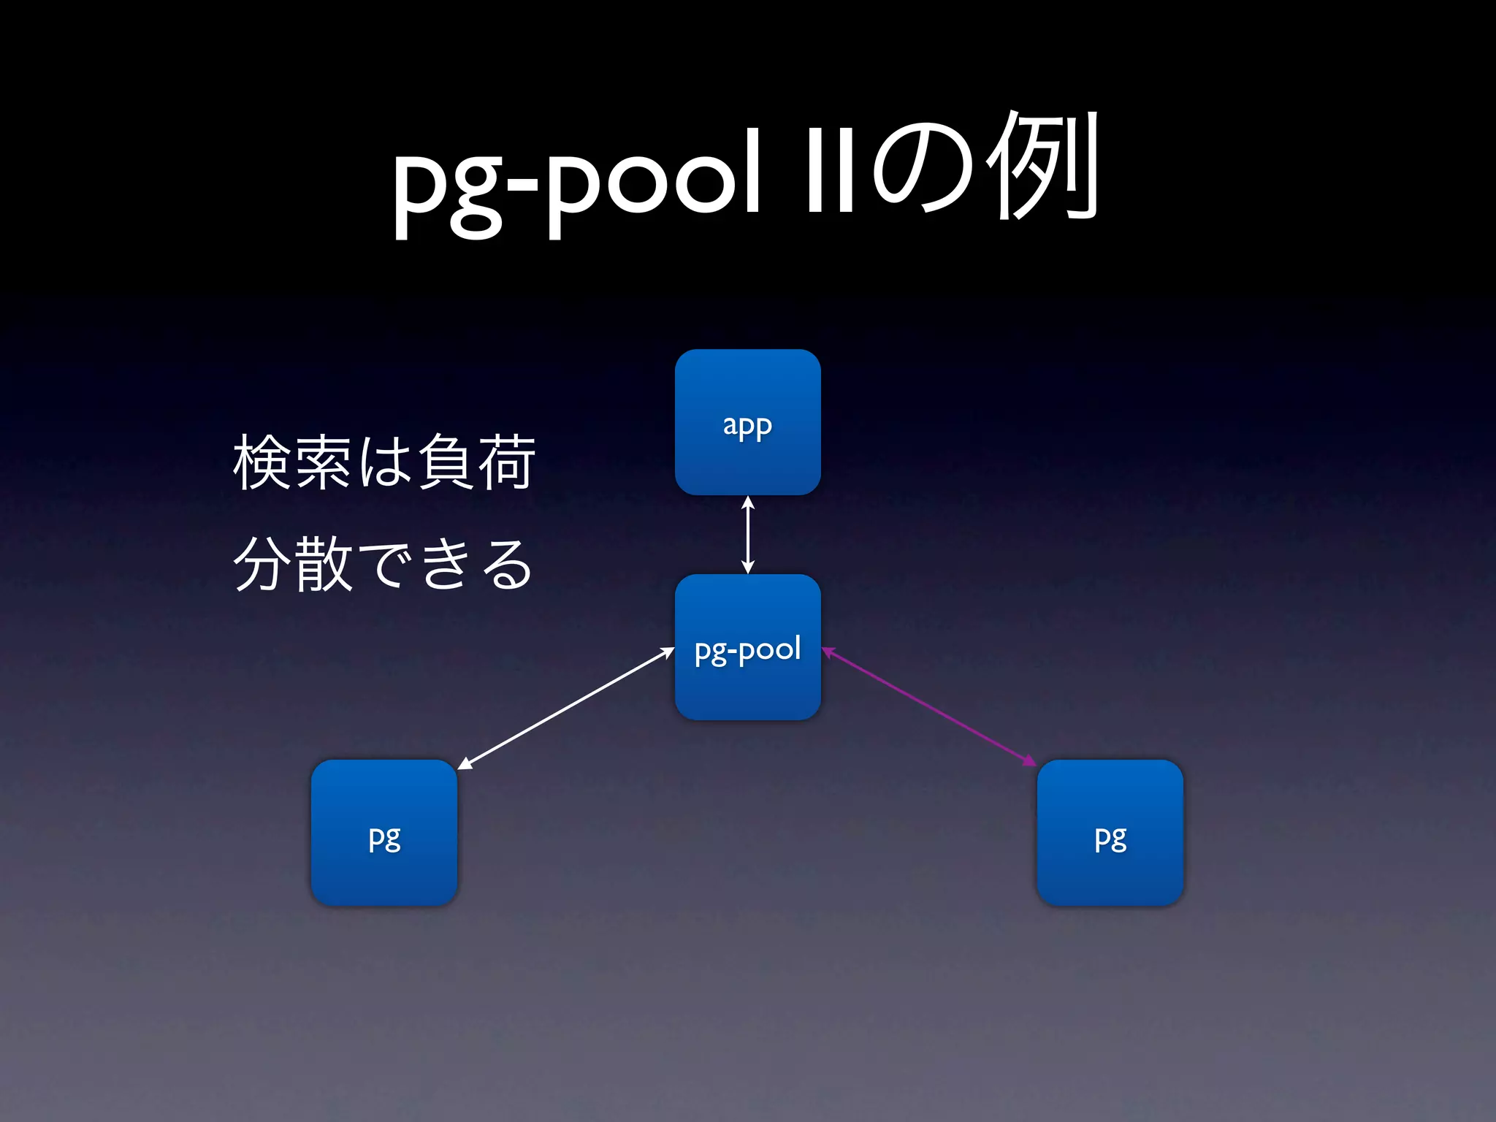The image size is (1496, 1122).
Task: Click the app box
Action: (x=747, y=422)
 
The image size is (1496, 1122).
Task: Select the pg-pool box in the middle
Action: (x=747, y=647)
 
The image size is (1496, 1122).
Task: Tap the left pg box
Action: (x=384, y=833)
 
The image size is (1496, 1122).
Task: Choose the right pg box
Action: (x=1110, y=833)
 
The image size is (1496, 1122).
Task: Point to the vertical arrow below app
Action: (x=747, y=535)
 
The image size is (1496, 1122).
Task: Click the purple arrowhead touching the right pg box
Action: (x=1030, y=763)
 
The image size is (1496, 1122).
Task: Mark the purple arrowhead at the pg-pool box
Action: (x=828, y=652)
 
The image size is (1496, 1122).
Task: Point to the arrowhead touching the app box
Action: (x=747, y=503)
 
